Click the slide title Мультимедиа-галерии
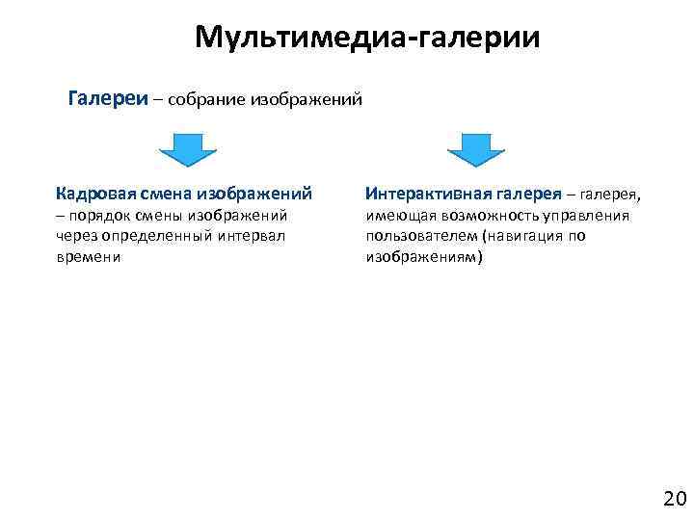tap(367, 38)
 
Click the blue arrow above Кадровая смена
tap(187, 150)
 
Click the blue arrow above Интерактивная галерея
tap(476, 150)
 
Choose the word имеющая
tap(399, 217)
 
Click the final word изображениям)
tap(424, 258)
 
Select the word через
tap(77, 237)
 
